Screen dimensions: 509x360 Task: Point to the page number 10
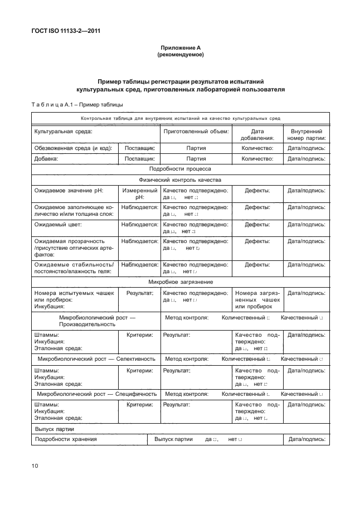point(35,465)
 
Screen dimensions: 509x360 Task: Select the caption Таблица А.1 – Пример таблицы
point(76,104)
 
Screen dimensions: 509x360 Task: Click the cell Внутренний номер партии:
point(306,135)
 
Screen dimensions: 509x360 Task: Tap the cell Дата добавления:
point(257,135)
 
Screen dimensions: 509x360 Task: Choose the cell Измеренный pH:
point(139,194)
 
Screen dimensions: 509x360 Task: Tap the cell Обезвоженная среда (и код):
point(73,148)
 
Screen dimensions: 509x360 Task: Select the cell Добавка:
point(46,158)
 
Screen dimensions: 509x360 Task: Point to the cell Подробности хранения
point(66,439)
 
